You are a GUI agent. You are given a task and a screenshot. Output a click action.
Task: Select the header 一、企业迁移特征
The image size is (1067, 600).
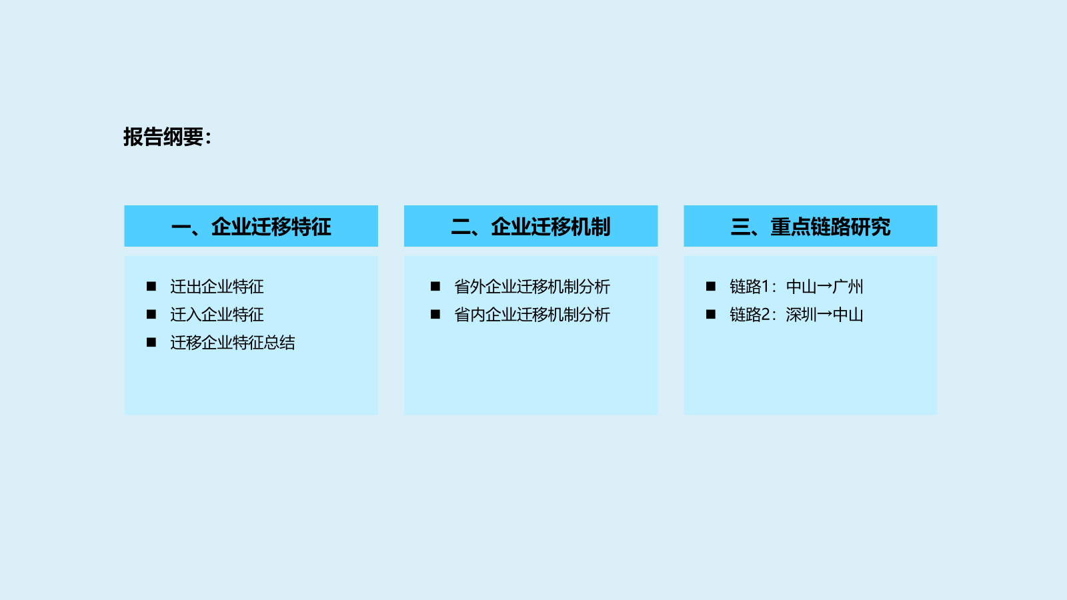tap(251, 227)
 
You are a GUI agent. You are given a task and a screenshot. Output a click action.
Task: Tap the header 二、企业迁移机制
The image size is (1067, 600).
tap(531, 227)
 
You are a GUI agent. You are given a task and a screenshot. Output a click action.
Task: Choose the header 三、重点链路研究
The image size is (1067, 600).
tap(810, 227)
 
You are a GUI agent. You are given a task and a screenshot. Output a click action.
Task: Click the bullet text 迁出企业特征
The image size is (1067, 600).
tap(217, 287)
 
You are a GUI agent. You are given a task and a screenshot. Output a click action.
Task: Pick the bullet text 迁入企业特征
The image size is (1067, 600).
tap(217, 315)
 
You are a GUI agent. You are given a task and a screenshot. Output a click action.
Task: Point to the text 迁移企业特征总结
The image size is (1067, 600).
tap(233, 343)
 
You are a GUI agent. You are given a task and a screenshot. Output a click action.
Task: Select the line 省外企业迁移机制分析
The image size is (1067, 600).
tap(531, 287)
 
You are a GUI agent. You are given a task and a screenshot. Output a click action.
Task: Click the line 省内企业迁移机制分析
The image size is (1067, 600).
tap(531, 315)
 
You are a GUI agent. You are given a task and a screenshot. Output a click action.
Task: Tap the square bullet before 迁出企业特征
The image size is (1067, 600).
tap(151, 286)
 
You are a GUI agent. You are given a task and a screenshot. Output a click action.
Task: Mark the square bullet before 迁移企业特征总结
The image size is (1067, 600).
tap(151, 343)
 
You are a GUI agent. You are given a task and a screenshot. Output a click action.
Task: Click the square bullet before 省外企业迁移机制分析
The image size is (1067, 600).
tap(435, 286)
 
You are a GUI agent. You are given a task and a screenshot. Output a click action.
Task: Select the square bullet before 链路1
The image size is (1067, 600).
tap(711, 286)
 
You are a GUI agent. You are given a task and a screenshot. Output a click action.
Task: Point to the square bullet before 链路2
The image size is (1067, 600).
tap(711, 314)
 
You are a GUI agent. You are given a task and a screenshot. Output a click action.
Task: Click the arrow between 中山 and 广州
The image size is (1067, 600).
tap(824, 287)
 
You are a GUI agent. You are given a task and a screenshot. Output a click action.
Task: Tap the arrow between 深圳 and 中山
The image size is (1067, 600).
tap(824, 315)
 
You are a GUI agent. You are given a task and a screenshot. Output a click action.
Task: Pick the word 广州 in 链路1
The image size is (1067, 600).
tap(848, 287)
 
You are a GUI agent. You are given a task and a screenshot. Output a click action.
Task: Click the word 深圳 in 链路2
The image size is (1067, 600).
tap(801, 315)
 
